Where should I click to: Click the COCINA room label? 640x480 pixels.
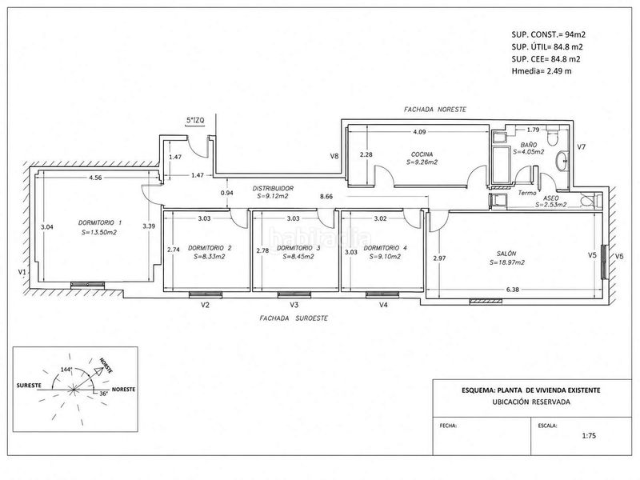click(422, 154)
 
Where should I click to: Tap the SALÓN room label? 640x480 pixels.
click(506, 254)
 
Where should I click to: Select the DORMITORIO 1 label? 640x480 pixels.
click(100, 223)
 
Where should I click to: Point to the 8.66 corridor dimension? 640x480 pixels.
click(326, 196)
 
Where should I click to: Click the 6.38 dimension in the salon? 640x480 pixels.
click(513, 290)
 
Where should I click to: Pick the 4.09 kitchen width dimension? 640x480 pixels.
click(419, 132)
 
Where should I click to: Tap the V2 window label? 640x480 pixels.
click(206, 305)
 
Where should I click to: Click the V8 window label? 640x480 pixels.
click(334, 155)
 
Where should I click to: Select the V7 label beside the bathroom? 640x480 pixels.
click(582, 146)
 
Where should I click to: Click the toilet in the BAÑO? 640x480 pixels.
click(553, 138)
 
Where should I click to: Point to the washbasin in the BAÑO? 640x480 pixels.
click(562, 161)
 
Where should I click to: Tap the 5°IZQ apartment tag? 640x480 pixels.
click(195, 121)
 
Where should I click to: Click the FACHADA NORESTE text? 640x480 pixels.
click(435, 110)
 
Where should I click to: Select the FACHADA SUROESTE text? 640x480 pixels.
click(294, 318)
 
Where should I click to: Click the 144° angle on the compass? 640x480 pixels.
click(66, 370)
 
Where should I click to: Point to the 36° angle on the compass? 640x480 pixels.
click(104, 394)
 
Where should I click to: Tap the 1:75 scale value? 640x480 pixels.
click(589, 435)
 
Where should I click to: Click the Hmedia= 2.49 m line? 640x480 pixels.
click(542, 71)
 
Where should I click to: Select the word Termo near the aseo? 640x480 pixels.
click(527, 193)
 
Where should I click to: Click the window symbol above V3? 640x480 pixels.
click(294, 294)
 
